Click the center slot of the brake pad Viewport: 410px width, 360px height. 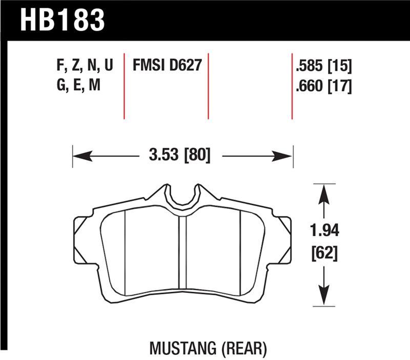click(181, 256)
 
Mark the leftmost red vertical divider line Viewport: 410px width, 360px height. click(124, 85)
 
